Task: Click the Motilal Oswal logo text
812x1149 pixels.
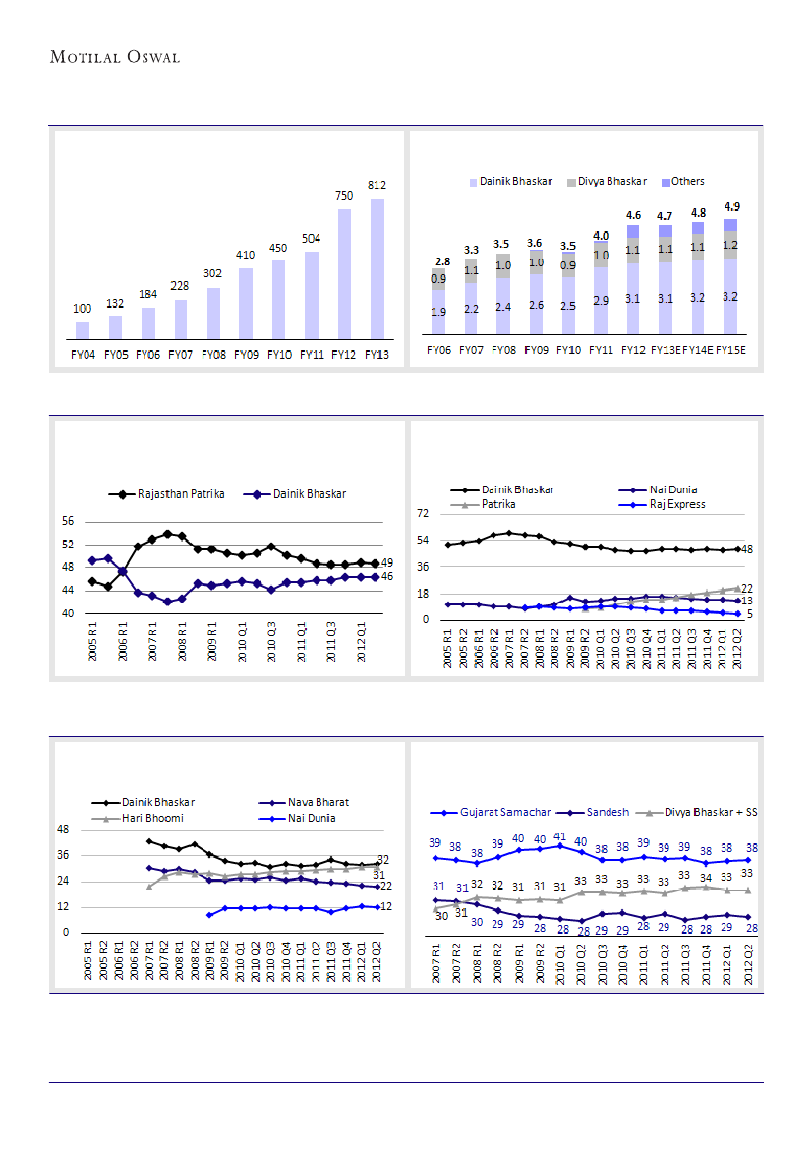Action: (x=115, y=57)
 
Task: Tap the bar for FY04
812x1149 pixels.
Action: (x=83, y=329)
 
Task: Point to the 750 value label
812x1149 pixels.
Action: (x=344, y=196)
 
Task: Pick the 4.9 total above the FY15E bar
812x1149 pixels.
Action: (x=730, y=207)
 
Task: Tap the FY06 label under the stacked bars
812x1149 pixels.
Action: (x=438, y=350)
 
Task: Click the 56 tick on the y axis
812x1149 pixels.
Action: (x=67, y=521)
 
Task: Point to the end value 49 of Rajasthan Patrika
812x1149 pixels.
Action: (x=387, y=563)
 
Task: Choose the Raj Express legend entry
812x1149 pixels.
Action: (x=669, y=504)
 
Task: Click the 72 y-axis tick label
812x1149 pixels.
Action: (x=424, y=513)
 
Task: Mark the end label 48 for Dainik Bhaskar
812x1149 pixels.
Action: (x=747, y=549)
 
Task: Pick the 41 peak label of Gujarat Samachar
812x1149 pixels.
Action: (x=560, y=836)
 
